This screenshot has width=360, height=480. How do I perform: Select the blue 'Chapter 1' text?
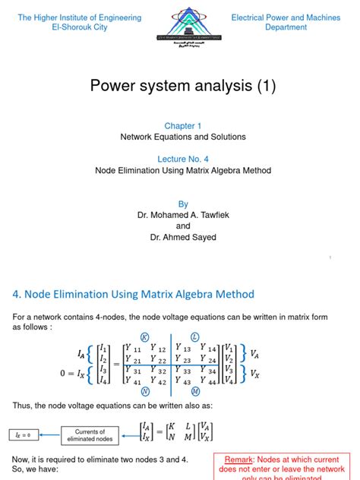pos(183,125)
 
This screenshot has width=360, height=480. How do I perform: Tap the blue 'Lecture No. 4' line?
pos(183,159)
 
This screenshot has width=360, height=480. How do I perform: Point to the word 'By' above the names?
pos(182,204)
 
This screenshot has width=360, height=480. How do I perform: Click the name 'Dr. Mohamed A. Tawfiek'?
pos(183,215)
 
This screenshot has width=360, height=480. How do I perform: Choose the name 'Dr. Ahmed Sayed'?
pos(183,237)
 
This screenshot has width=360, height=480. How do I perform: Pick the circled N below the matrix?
pos(145,391)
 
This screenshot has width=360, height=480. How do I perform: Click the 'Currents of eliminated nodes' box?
pos(91,435)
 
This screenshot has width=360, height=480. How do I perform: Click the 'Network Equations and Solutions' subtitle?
pos(183,137)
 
